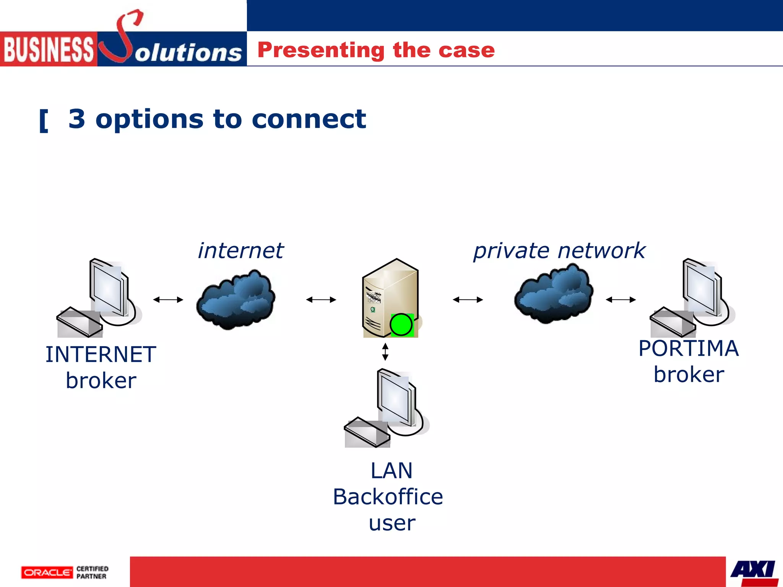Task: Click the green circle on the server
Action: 401,325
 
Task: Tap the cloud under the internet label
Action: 236,299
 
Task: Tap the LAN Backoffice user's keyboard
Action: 366,433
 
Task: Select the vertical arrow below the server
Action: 385,352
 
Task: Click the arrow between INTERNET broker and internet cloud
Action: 168,300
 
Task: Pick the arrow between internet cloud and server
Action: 321,300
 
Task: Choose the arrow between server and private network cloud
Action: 468,300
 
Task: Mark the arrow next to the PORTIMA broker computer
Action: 621,300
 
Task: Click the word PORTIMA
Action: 688,349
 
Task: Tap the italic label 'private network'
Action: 559,251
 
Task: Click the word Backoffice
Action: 388,497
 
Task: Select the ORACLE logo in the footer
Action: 47,572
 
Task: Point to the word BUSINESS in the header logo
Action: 49,49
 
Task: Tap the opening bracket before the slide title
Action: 44,121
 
